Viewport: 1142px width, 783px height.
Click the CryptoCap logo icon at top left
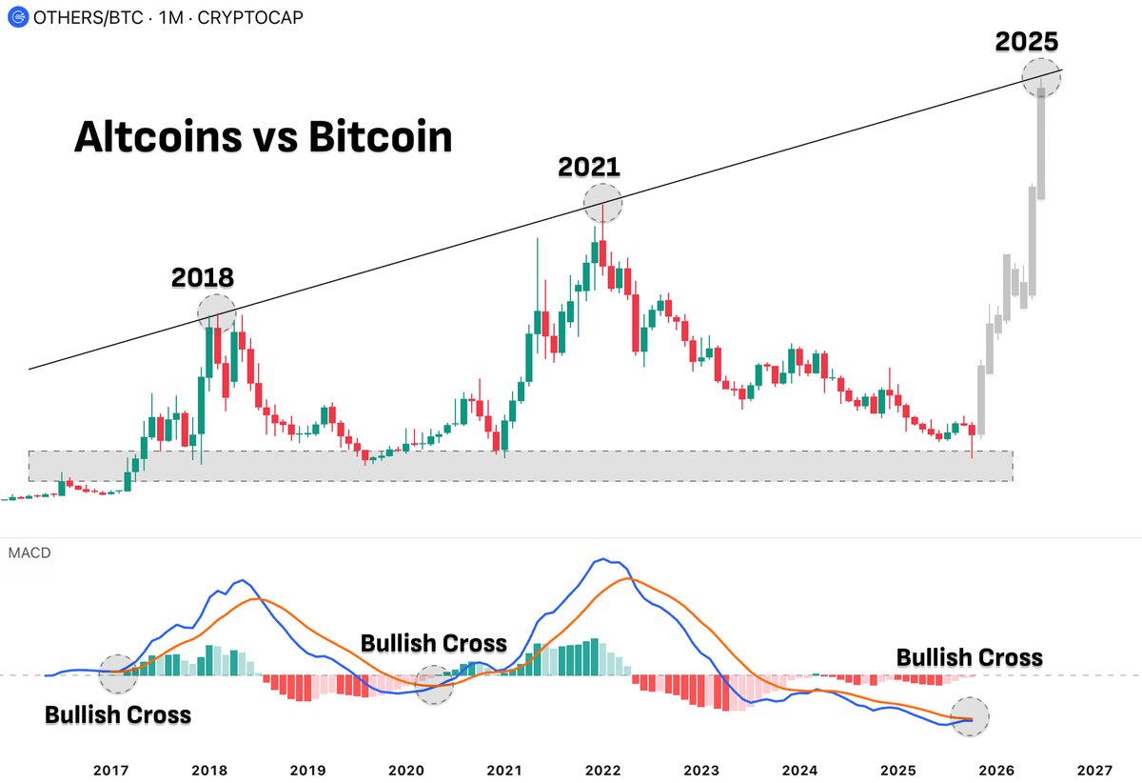pyautogui.click(x=14, y=18)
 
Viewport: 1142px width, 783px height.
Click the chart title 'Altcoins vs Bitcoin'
pyautogui.click(x=263, y=138)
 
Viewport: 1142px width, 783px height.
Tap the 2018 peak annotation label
pyautogui.click(x=202, y=278)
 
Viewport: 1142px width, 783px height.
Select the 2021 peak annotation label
pyautogui.click(x=589, y=167)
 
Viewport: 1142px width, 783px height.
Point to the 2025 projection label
pyautogui.click(x=1027, y=42)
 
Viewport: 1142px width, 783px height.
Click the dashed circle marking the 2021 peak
pyautogui.click(x=602, y=203)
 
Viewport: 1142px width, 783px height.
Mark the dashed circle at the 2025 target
pyautogui.click(x=1041, y=75)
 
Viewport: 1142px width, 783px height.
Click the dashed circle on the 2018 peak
pyautogui.click(x=216, y=311)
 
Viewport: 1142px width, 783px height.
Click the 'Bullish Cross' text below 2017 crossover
pyautogui.click(x=118, y=714)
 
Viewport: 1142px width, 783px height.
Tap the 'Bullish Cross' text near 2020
pyautogui.click(x=433, y=643)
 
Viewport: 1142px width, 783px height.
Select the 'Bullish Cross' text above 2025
pyautogui.click(x=969, y=657)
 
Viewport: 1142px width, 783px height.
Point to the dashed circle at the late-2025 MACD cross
pyautogui.click(x=971, y=717)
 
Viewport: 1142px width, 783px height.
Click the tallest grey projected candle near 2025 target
pyautogui.click(x=1042, y=143)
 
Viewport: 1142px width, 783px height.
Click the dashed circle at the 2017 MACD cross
pyautogui.click(x=118, y=673)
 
